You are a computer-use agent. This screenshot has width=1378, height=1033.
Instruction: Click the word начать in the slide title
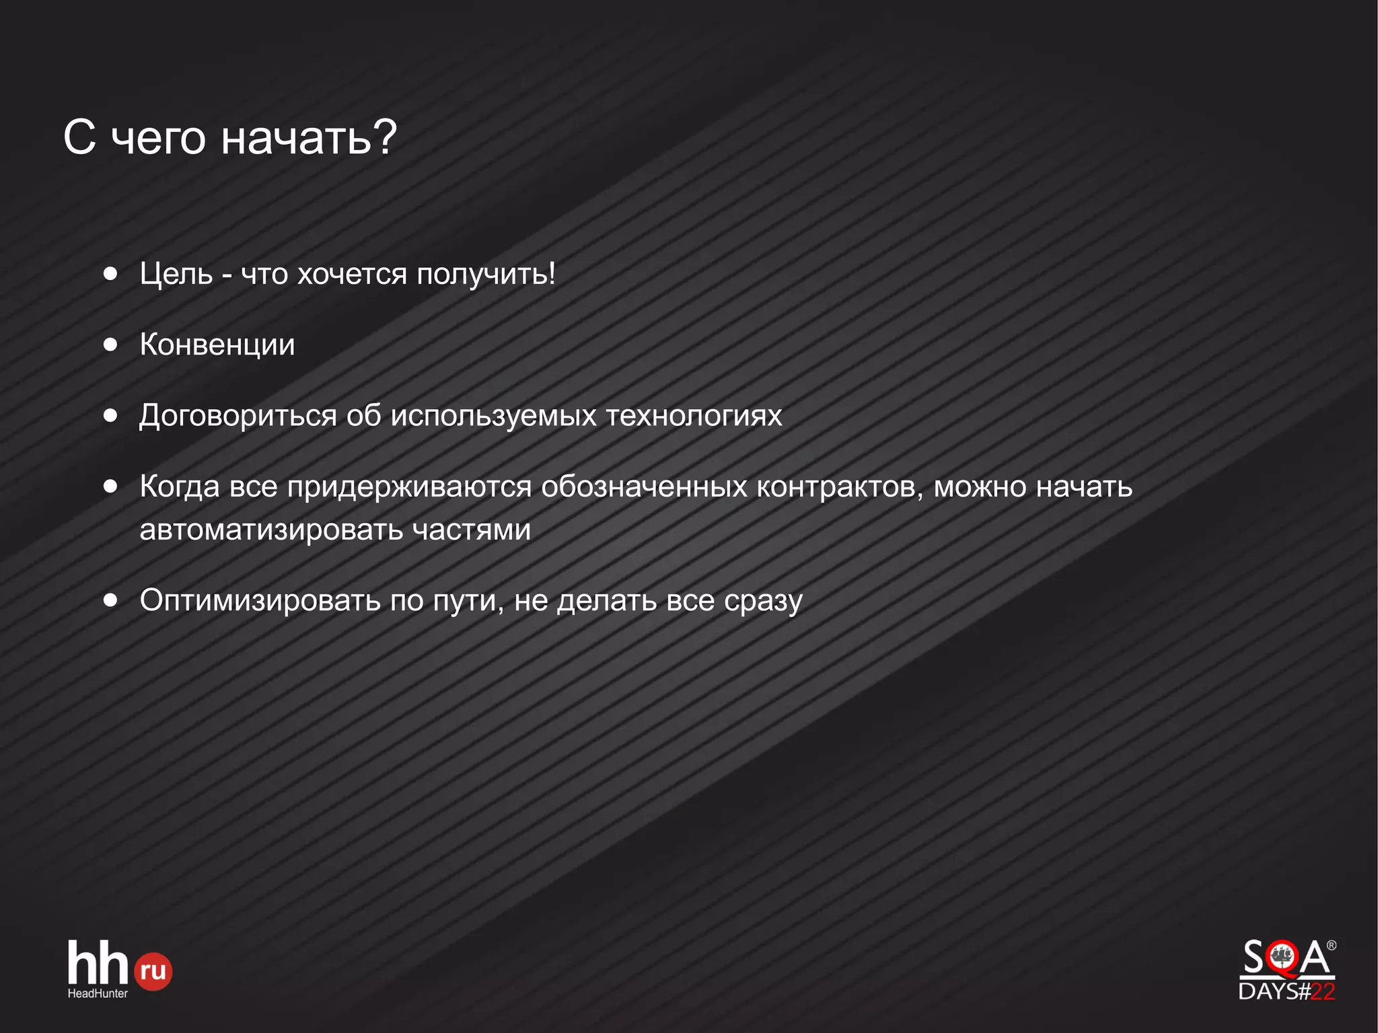(x=297, y=138)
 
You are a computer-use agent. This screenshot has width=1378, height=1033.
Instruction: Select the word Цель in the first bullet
(x=176, y=274)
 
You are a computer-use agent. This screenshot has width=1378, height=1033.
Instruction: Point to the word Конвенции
(x=217, y=345)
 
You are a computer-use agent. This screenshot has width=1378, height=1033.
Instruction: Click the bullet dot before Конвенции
(x=111, y=345)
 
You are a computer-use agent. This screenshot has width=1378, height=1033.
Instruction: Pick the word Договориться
(x=238, y=416)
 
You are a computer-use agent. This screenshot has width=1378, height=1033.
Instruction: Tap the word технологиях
(x=694, y=415)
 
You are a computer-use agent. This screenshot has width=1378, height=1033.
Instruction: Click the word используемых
(x=494, y=416)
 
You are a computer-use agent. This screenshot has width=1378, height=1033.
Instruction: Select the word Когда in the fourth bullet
(x=180, y=486)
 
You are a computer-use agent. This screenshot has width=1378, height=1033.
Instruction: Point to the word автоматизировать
(x=270, y=530)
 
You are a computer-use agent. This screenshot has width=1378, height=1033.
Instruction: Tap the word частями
(x=472, y=530)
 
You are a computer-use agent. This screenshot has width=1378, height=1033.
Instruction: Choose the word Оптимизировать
(x=260, y=600)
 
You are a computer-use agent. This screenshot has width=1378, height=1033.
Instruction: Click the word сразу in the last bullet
(x=763, y=601)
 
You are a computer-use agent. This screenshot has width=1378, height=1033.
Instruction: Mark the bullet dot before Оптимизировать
(x=111, y=600)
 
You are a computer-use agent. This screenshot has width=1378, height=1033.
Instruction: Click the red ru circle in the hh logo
(x=153, y=971)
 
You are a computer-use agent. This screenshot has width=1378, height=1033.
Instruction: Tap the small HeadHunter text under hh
(x=98, y=993)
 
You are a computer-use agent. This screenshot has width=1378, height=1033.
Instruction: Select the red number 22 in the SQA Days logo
(x=1323, y=991)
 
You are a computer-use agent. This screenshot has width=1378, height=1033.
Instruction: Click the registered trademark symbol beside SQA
(x=1331, y=946)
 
